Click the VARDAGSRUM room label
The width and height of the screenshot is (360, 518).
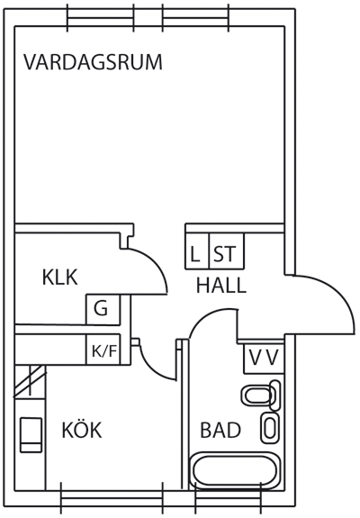93,62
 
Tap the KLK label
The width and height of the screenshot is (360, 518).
59,277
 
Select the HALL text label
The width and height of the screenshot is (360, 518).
221,286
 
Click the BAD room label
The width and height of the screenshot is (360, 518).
220,430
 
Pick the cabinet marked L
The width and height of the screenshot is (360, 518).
197,251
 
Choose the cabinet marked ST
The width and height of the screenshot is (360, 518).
227,251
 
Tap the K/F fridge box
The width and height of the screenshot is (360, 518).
103,350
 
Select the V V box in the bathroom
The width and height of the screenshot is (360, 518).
264,359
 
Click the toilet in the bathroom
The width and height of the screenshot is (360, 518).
261,395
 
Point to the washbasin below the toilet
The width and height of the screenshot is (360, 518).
270,428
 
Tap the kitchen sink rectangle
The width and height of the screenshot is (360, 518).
31,434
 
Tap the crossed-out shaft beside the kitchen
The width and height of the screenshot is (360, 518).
30,380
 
